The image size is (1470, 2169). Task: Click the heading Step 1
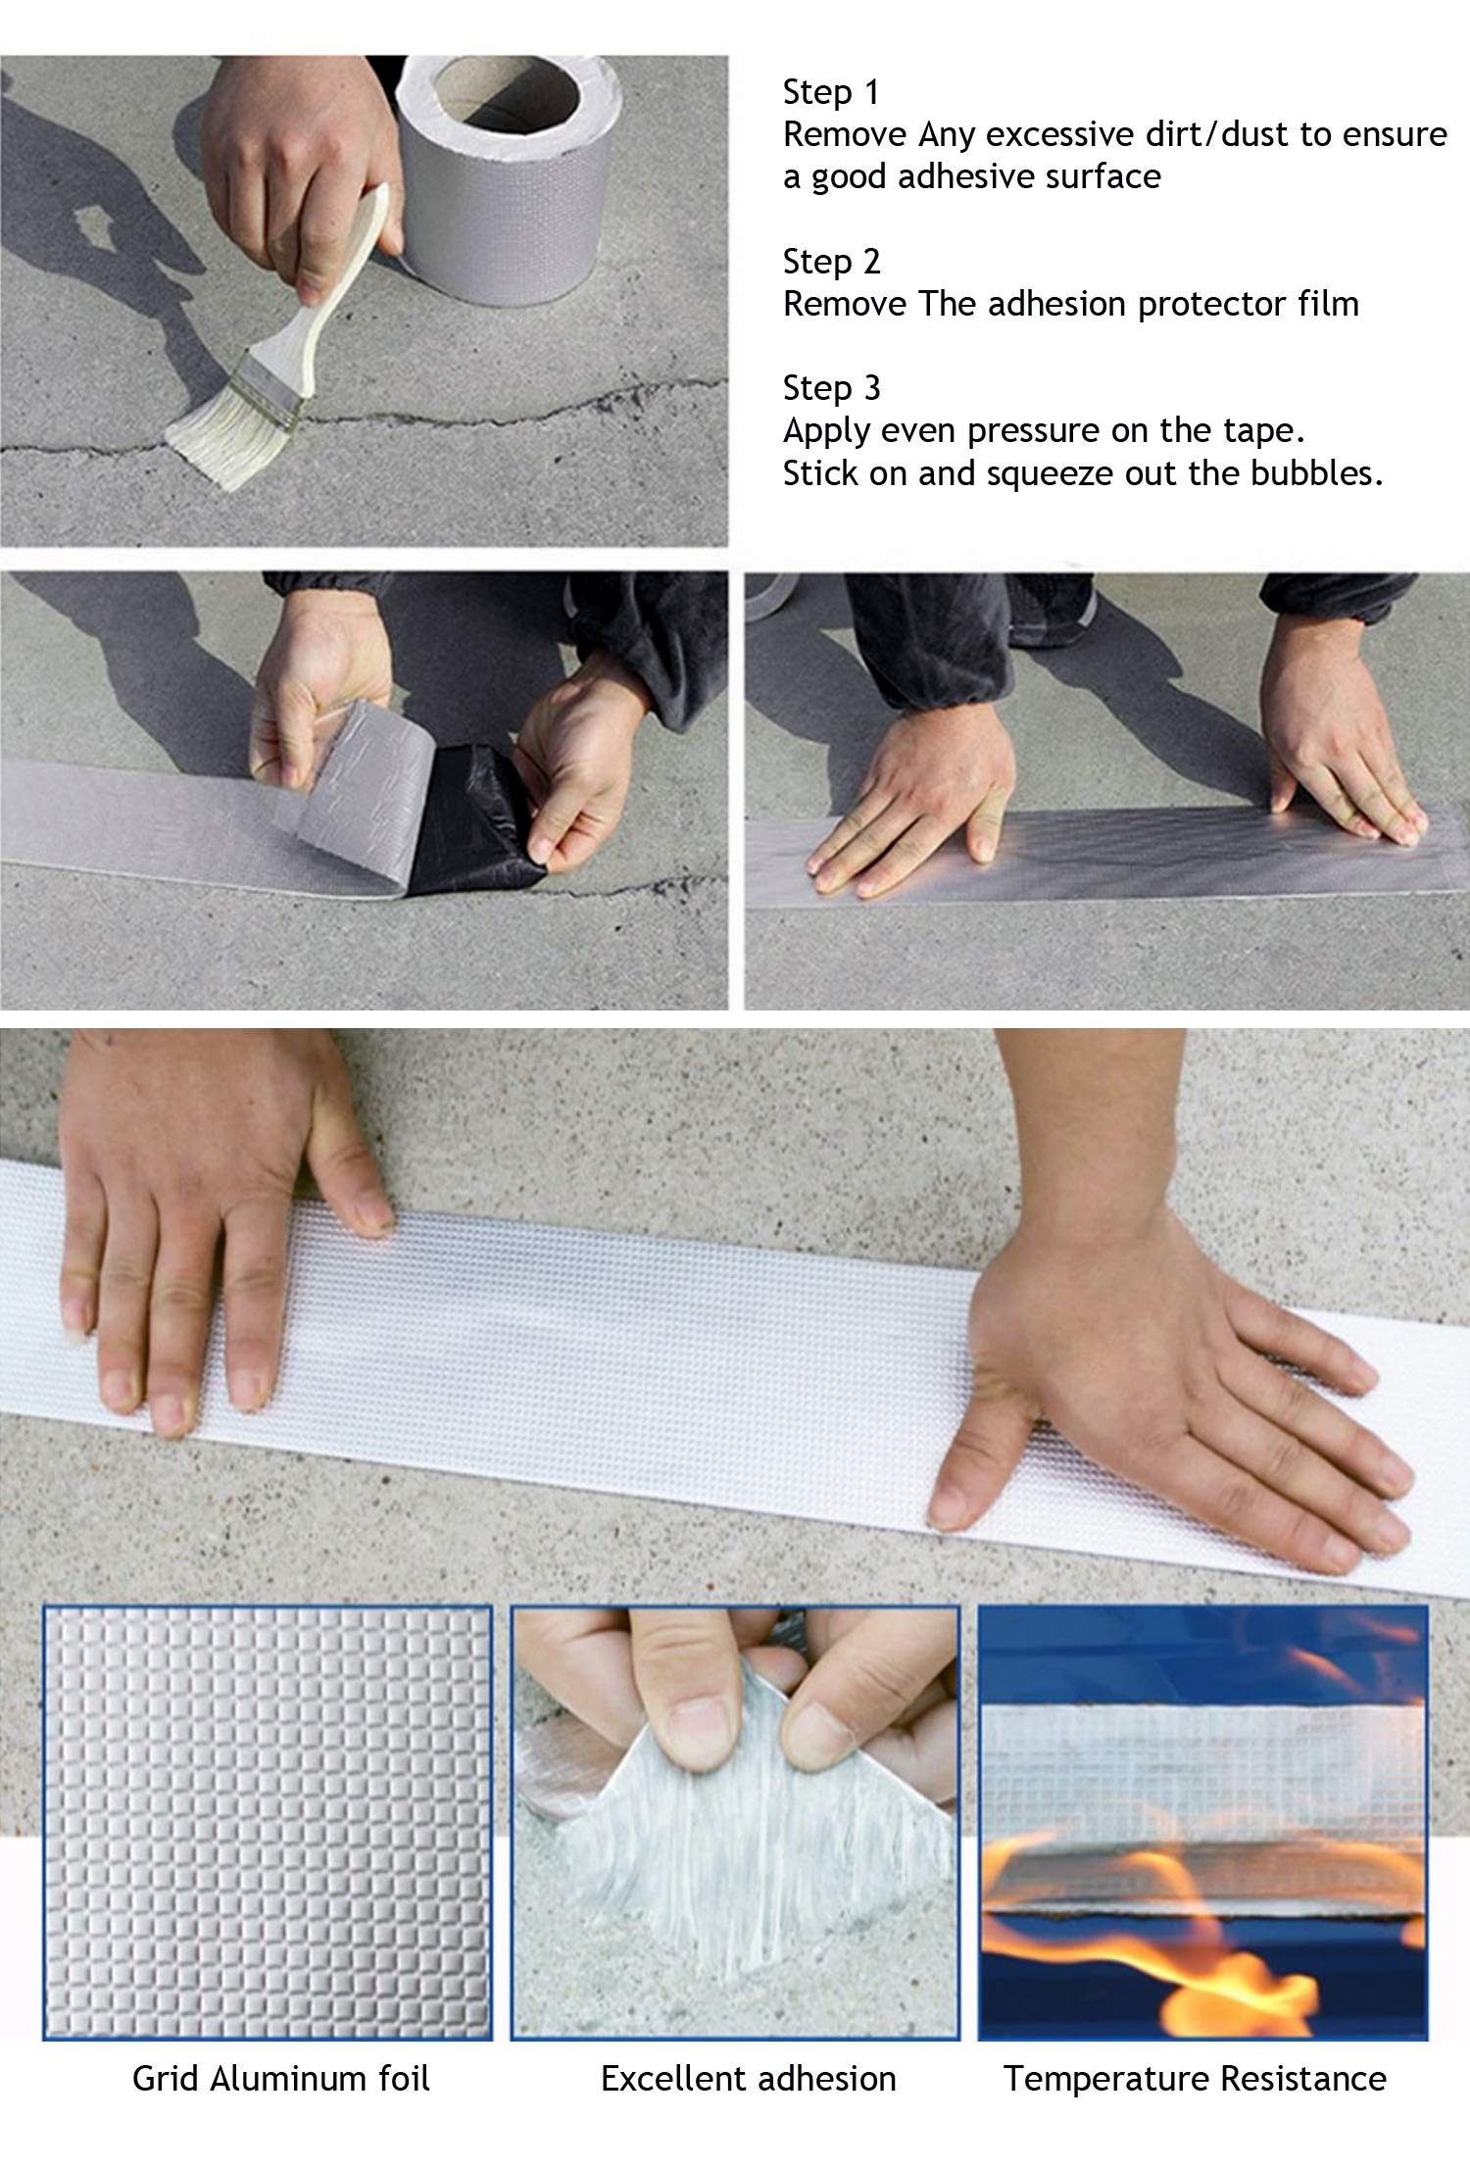pos(831,92)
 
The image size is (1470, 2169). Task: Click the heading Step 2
pos(831,262)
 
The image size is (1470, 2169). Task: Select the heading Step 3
pos(831,388)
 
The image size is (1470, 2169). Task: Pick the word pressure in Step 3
pos(1037,431)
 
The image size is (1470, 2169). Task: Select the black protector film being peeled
pos(480,823)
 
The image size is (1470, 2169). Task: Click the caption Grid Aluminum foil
pos(280,2078)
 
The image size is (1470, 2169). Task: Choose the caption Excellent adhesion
pos(748,2078)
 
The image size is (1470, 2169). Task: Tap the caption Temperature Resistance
pos(1195,2078)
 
